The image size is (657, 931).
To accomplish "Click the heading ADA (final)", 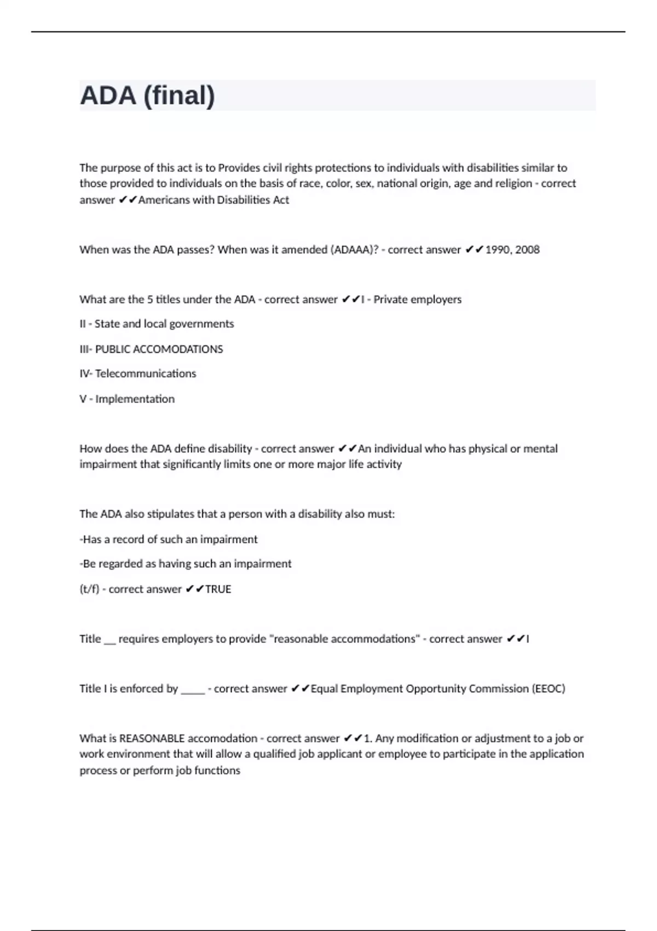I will pyautogui.click(x=147, y=95).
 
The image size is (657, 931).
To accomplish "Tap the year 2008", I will pyautogui.click(x=527, y=250).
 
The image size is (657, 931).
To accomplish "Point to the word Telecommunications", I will pyautogui.click(x=146, y=373).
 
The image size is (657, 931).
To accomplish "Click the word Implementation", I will pyautogui.click(x=135, y=399).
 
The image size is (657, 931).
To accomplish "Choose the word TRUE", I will pyautogui.click(x=218, y=589).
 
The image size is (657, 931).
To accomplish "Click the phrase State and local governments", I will pyautogui.click(x=164, y=324).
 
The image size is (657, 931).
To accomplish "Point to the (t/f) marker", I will pyautogui.click(x=89, y=589).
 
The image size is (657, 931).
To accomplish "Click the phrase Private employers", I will pyautogui.click(x=417, y=300).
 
